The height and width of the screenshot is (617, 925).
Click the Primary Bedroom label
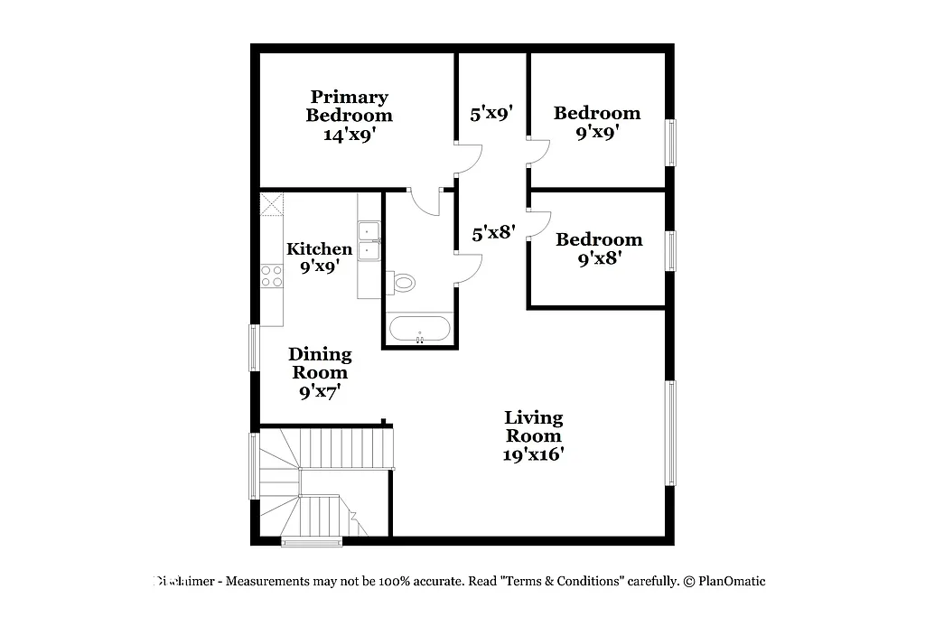tap(349, 106)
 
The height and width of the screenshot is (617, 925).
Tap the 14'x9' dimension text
tap(349, 134)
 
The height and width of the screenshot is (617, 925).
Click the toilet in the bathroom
tap(403, 283)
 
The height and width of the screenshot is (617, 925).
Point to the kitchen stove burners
tap(271, 276)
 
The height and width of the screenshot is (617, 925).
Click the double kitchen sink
tap(369, 239)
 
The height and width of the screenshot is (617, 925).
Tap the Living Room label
tap(533, 426)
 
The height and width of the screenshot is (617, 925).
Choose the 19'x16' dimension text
tap(533, 454)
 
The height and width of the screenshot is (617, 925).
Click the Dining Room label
tap(320, 363)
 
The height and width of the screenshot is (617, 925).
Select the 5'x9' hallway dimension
tap(491, 114)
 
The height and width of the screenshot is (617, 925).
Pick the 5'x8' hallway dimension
tap(493, 232)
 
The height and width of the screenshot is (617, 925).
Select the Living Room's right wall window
tap(670, 433)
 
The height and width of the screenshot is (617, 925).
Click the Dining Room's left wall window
tap(255, 349)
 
